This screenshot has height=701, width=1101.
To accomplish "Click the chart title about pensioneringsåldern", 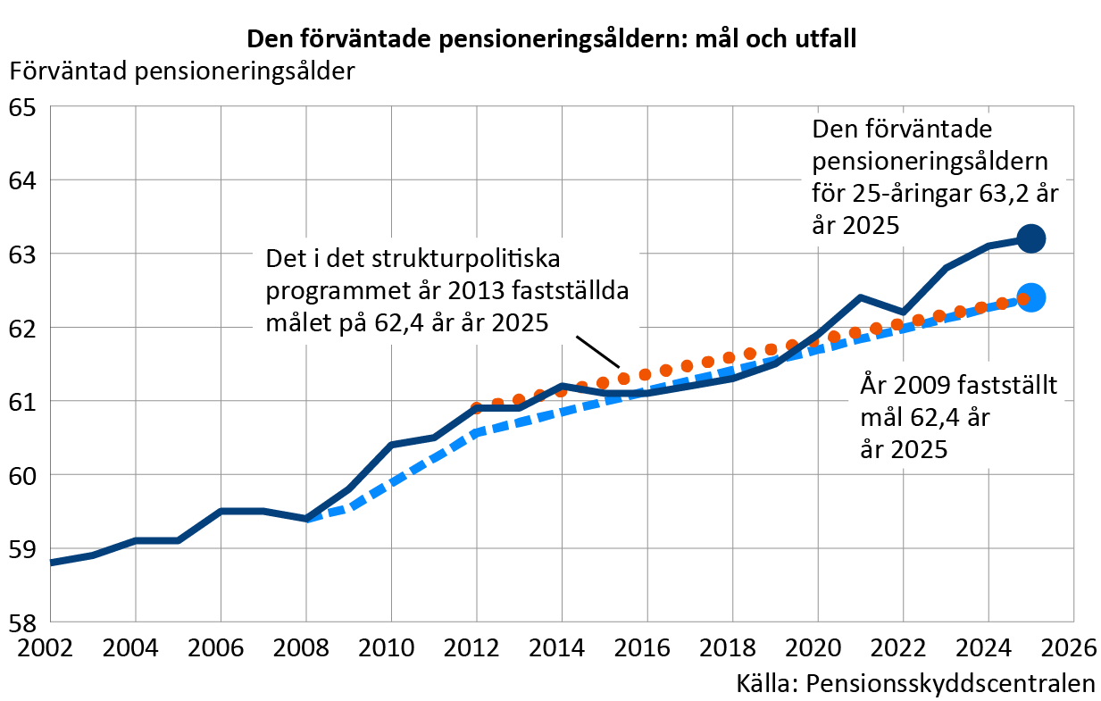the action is point(552,38).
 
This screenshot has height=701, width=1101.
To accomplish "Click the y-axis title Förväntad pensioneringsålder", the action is point(182,71).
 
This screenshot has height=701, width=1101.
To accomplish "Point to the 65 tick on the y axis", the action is point(22,108).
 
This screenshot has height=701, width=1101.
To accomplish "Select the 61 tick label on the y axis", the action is point(22,402).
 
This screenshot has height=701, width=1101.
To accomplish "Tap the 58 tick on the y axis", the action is point(22,622).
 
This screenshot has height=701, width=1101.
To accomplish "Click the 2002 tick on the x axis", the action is point(46,648).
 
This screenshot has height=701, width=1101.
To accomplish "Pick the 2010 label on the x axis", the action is point(387,648).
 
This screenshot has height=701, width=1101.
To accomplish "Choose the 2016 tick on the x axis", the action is point(642,648).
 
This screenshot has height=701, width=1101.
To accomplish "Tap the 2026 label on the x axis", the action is point(1070,648).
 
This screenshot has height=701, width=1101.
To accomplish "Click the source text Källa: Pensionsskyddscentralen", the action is point(915,684).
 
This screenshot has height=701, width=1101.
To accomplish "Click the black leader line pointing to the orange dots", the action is point(597,352).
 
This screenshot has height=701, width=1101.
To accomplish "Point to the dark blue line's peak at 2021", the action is point(860,296).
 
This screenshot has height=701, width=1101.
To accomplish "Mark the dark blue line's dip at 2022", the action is point(903,313).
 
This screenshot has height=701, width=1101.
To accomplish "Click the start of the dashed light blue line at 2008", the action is point(307,519).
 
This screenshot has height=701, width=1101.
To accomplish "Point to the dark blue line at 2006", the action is point(221,512).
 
